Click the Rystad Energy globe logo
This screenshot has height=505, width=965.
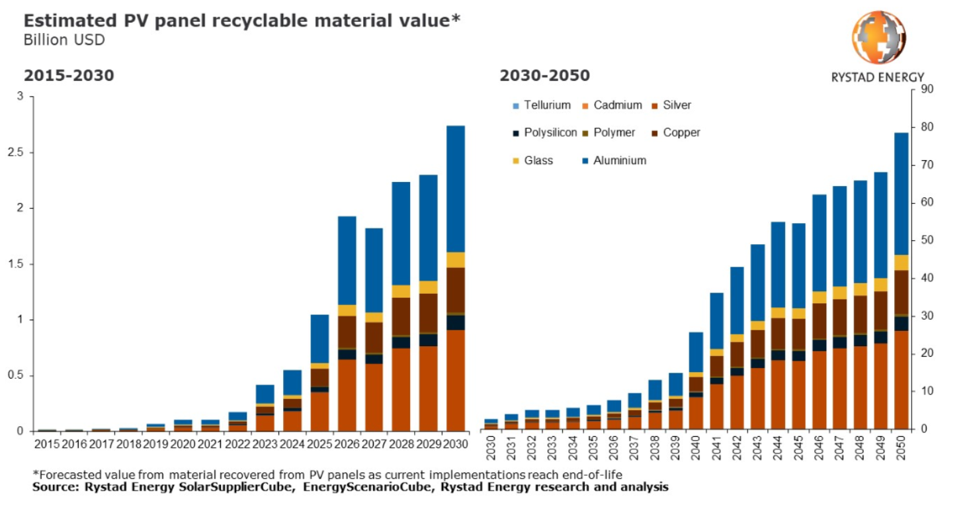pyautogui.click(x=878, y=38)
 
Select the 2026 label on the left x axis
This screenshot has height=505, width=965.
pyautogui.click(x=347, y=445)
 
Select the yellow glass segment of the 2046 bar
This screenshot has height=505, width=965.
pyautogui.click(x=819, y=297)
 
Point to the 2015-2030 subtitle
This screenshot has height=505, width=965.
pyautogui.click(x=69, y=75)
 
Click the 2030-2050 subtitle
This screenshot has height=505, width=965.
pyautogui.click(x=544, y=75)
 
